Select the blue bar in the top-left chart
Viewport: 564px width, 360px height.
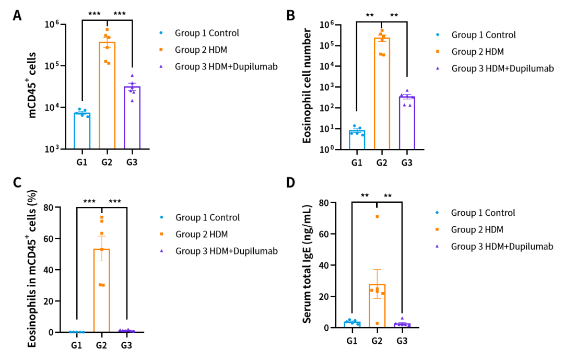[82, 131]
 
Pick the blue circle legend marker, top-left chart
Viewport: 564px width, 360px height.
[161, 33]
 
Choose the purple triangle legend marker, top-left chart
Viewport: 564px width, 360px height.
[161, 66]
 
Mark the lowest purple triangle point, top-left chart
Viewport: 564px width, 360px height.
[132, 100]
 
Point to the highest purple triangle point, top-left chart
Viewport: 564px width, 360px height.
[132, 75]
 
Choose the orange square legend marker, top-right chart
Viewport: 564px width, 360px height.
[438, 51]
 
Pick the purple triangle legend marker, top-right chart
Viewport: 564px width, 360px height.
[438, 68]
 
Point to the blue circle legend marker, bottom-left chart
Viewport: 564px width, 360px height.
[161, 217]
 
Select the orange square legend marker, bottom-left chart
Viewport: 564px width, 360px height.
[161, 234]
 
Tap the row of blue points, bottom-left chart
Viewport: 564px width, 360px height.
[77, 332]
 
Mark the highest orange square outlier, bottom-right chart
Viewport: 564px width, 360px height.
[377, 216]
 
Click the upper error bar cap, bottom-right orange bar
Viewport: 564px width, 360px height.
[377, 269]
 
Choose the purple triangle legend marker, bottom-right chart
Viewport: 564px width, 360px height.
[437, 246]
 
